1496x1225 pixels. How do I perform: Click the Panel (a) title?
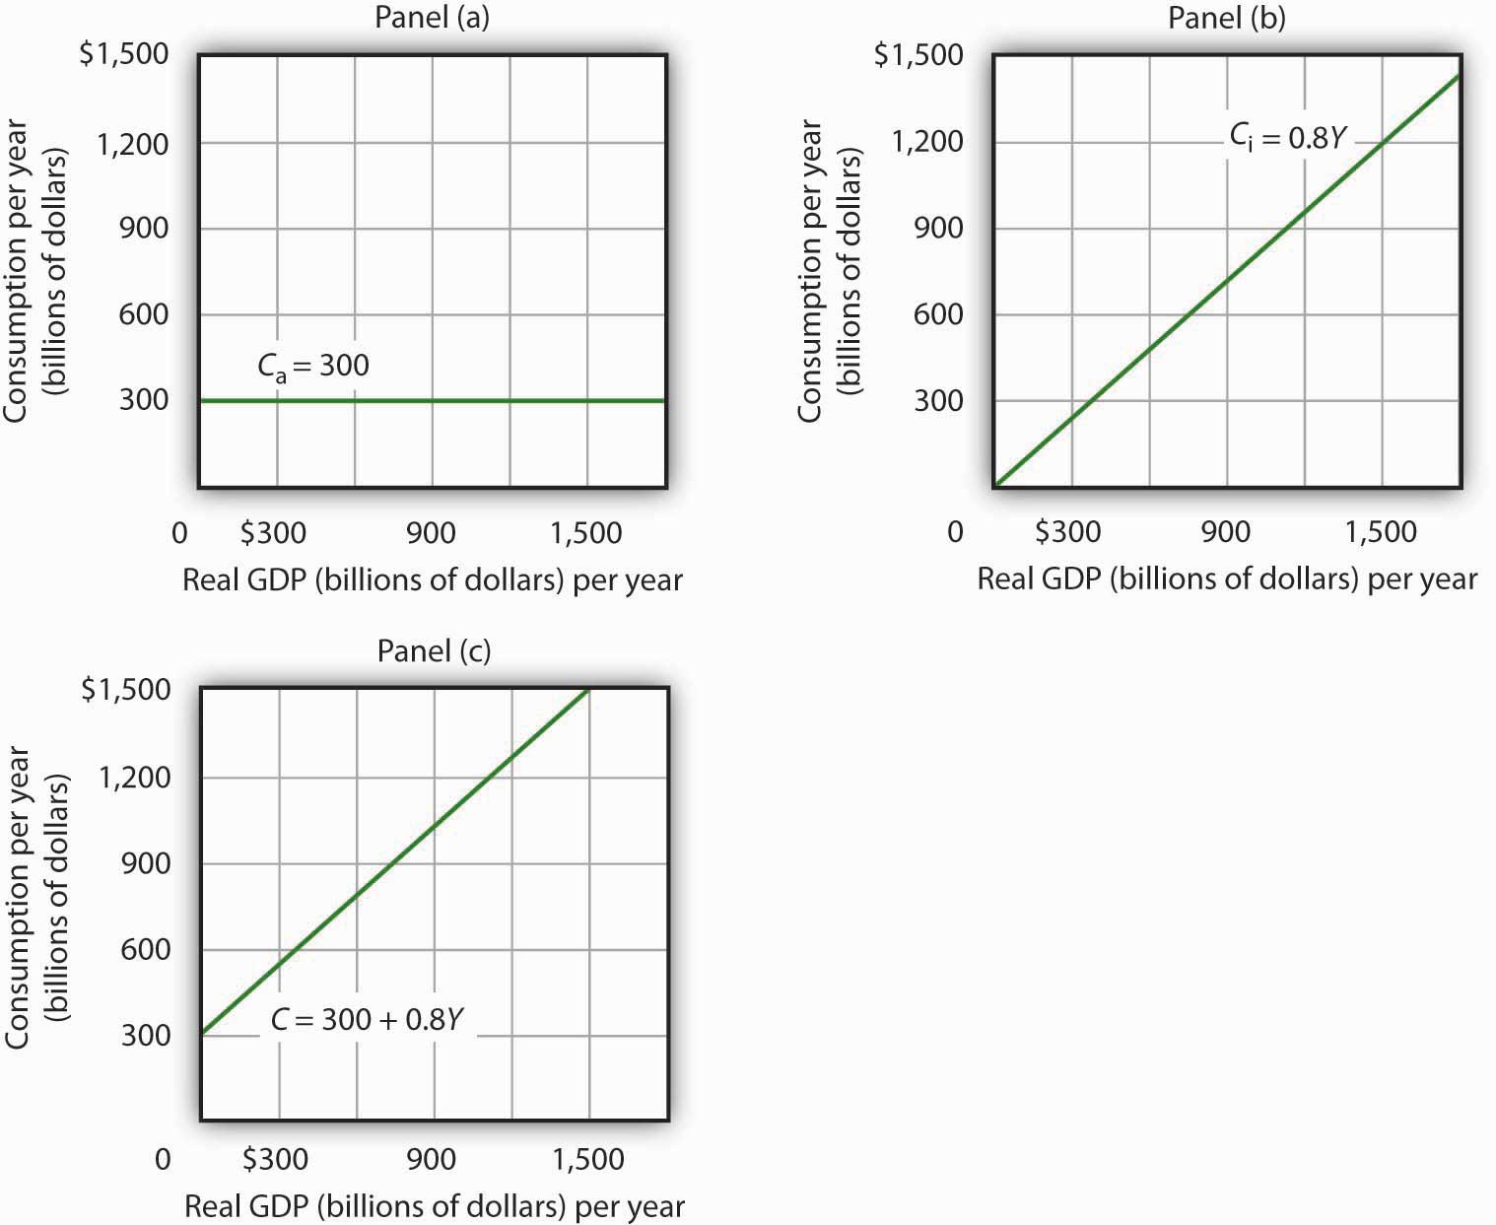coord(432,19)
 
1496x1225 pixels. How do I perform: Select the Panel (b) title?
coord(1226,19)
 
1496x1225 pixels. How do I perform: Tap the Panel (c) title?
coord(434,650)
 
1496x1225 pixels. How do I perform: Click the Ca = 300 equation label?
coord(313,366)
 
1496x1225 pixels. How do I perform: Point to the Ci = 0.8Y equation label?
coord(1286,138)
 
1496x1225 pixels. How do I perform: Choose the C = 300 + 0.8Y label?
coord(367,1019)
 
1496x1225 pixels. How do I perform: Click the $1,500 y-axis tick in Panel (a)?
coord(123,54)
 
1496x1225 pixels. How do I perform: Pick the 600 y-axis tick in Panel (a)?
coord(144,314)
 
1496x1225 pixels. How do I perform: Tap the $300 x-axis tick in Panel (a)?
coord(273,533)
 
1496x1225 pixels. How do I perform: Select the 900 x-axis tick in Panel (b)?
coord(1225,532)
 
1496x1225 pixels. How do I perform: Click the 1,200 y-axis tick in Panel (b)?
coord(926,142)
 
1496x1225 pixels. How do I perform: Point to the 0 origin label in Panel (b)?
coord(954,532)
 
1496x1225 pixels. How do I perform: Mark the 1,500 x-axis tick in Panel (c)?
coord(587,1159)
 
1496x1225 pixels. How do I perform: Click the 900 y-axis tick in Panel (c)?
coord(146,863)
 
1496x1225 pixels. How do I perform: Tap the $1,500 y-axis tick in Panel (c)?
coord(125,690)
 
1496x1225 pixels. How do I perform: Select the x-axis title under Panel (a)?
coord(432,579)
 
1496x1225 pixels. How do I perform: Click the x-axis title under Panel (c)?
coord(434,1205)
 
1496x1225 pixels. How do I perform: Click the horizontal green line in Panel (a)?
coord(434,401)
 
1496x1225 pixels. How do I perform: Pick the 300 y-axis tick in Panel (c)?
coord(146,1035)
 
